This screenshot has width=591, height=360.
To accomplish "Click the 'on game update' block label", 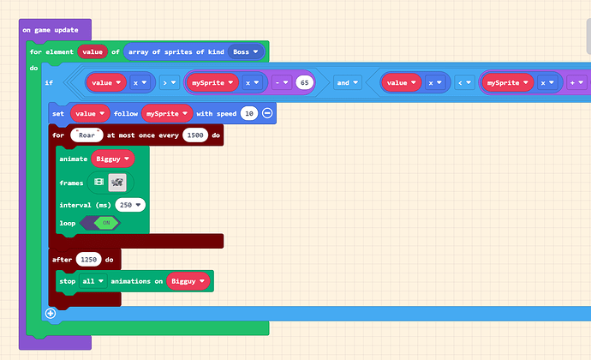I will point(50,30).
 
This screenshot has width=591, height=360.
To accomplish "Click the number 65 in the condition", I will point(304,83).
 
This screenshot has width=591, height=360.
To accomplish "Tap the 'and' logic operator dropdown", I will point(348,83).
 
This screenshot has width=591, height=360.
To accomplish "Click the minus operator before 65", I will point(282,83).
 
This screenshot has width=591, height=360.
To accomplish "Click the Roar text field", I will point(87,135).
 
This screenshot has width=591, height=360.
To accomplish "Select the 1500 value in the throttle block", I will point(195,135).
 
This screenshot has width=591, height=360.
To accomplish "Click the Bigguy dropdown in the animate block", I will point(113,159).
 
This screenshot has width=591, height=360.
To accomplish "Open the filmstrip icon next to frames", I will point(98,182).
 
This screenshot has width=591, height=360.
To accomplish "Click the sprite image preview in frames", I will point(117,182).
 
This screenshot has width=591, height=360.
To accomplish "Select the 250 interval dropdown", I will point(129,205).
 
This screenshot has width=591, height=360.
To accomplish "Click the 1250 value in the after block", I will point(89,258).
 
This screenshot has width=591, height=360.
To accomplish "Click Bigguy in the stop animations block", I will point(188,280).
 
